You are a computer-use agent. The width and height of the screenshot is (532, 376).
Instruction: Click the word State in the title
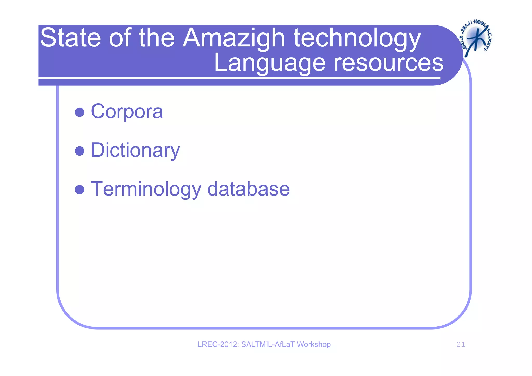tap(70, 38)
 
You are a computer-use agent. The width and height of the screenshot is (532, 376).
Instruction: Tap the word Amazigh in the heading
tap(234, 38)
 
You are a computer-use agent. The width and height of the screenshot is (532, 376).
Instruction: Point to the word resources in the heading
tap(388, 63)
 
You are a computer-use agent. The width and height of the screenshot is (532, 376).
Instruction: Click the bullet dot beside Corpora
tap(79, 112)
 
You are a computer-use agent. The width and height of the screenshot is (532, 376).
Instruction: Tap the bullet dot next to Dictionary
tap(79, 151)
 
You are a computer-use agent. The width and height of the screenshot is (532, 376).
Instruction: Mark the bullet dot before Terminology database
tap(79, 190)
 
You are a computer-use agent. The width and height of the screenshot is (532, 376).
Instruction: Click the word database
tap(248, 189)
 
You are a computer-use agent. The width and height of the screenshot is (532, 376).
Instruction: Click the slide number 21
tap(461, 345)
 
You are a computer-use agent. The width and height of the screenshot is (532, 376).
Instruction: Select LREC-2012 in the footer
tap(218, 344)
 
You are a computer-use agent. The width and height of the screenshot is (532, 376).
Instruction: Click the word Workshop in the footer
tap(314, 344)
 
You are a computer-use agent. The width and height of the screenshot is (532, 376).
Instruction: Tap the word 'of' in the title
tap(120, 38)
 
